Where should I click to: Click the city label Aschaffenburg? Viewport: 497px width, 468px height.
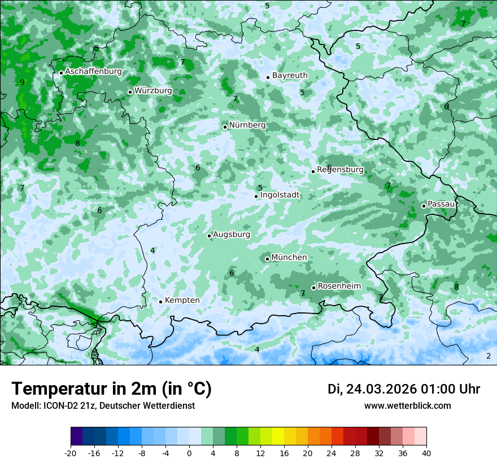[93, 72]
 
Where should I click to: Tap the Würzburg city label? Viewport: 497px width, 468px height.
[153, 91]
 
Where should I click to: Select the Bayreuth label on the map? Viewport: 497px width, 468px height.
[290, 76]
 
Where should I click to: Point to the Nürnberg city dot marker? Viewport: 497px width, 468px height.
[225, 127]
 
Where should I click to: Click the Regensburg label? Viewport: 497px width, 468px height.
[340, 170]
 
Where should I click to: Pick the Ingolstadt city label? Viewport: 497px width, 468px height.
[280, 195]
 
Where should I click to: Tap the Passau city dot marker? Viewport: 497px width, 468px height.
[424, 206]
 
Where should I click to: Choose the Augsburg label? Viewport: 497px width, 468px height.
[232, 235]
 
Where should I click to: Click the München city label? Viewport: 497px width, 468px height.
[289, 258]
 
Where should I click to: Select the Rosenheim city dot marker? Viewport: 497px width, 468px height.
[313, 288]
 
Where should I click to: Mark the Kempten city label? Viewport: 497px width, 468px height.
[182, 301]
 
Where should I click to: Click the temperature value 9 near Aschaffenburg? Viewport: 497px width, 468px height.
[22, 83]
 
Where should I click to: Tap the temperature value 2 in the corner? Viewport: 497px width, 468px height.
[489, 356]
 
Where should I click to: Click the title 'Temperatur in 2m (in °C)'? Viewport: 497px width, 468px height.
[111, 389]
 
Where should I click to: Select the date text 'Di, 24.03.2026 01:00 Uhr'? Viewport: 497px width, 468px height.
[403, 390]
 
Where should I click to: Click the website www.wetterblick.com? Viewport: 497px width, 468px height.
[407, 406]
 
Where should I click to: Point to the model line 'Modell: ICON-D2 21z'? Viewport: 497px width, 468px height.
[103, 406]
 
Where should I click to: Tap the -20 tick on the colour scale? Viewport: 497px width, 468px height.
[71, 453]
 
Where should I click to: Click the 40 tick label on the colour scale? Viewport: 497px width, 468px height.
[426, 453]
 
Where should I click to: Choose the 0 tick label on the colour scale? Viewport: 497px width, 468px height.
[189, 453]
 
